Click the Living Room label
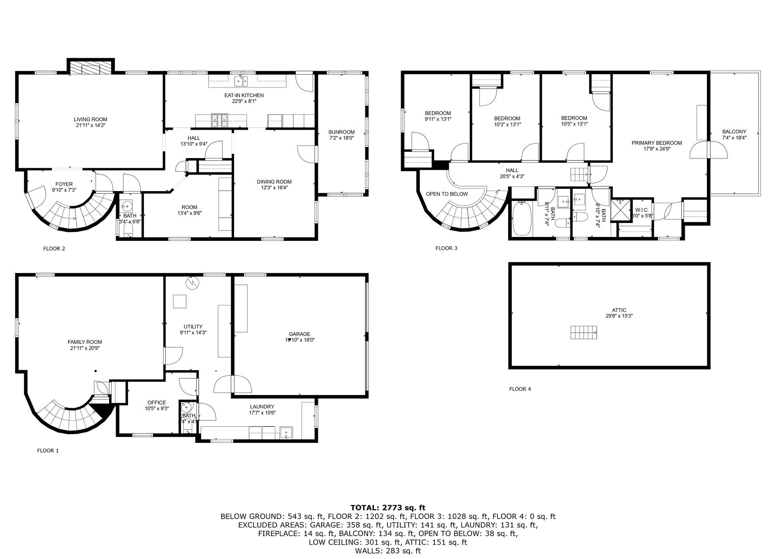[x=90, y=119]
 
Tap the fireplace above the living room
[x=91, y=67]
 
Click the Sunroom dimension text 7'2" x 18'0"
[x=341, y=138]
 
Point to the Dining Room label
[x=274, y=181]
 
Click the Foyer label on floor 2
[x=64, y=184]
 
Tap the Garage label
[x=299, y=334]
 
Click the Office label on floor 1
[x=156, y=402]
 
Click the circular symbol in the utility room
[x=192, y=282]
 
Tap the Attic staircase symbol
[x=583, y=333]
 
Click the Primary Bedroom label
[x=656, y=143]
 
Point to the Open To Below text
[x=447, y=194]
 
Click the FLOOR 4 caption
[x=520, y=389]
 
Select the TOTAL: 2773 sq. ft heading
[x=388, y=507]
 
